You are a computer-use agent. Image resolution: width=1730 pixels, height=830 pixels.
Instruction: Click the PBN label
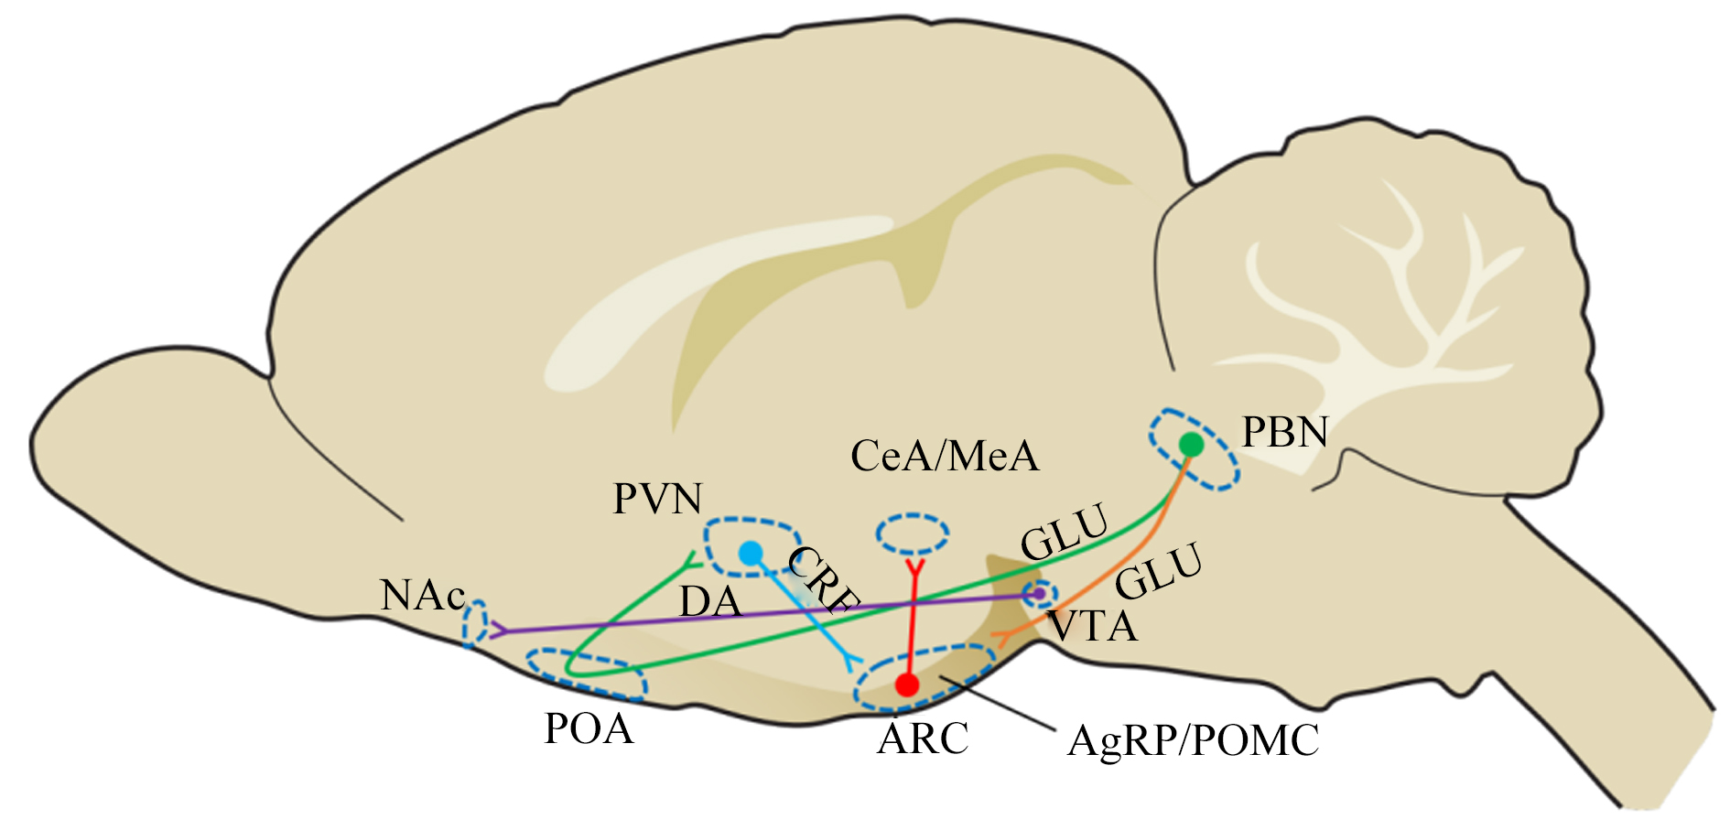[x=1284, y=432]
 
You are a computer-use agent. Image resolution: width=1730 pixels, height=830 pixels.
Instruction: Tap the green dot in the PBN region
[x=1191, y=444]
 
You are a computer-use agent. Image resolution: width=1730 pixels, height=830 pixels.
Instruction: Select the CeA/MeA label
[x=945, y=456]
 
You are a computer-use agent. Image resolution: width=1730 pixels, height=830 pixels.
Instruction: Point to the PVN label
[x=657, y=499]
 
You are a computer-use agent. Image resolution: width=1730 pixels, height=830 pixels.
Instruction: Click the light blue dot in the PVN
[x=751, y=553]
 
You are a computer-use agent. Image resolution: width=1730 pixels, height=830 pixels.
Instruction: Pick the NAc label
[x=423, y=596]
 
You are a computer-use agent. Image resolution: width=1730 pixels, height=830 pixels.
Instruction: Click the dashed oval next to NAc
[x=474, y=623]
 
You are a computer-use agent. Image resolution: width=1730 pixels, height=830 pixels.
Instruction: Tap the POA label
[x=589, y=729]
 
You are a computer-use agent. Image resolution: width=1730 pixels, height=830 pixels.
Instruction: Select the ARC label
[x=923, y=738]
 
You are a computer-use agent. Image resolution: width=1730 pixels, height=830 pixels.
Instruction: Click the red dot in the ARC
[x=906, y=684]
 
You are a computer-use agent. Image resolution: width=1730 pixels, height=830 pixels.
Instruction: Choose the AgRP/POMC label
[x=1194, y=740]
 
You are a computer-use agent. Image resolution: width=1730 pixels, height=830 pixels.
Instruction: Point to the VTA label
[x=1092, y=627]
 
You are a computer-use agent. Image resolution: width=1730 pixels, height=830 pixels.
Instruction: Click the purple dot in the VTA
[x=1038, y=594]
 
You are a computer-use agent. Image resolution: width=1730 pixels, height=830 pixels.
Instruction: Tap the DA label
[x=710, y=602]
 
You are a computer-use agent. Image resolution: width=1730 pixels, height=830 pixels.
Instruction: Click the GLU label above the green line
[x=1065, y=533]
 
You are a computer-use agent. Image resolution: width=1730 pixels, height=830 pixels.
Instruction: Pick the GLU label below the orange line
[x=1159, y=570]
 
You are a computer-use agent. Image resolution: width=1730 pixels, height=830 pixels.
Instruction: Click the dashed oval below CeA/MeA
[x=913, y=534]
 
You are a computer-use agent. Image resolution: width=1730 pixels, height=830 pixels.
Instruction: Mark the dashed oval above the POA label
[x=587, y=674]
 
